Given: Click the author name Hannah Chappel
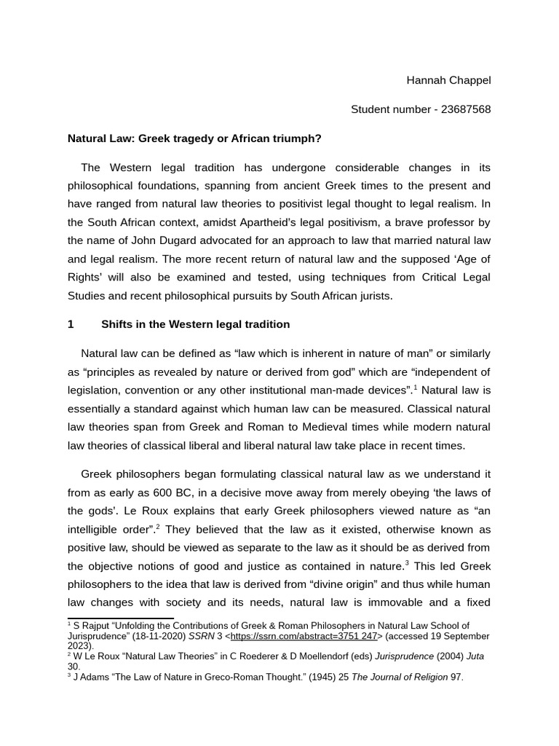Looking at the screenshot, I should (x=448, y=80).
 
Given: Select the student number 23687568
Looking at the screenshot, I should (x=461, y=109).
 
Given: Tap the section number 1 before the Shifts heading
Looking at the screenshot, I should (x=71, y=324).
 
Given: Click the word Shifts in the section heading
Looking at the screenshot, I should (x=117, y=324).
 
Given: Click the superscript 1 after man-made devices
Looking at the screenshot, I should (x=414, y=387).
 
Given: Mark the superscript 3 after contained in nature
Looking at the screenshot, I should (x=407, y=563).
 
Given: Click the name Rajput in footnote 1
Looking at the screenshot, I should (x=95, y=626).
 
